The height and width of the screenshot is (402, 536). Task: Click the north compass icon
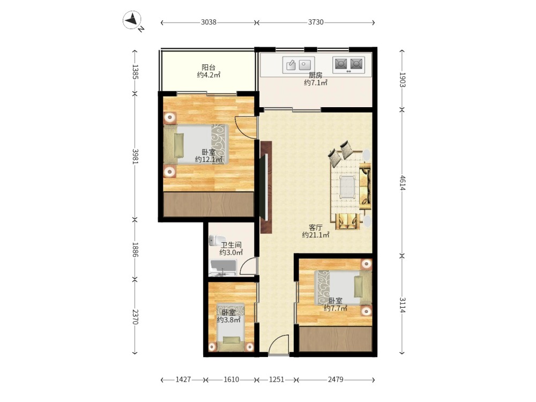click(132, 20)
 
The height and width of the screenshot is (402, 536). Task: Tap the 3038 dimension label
click(209, 22)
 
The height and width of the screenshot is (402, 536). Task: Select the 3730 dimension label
click(316, 22)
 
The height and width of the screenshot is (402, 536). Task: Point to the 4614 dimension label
click(402, 183)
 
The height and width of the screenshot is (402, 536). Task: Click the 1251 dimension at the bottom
click(277, 379)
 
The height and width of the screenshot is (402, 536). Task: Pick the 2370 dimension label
click(135, 317)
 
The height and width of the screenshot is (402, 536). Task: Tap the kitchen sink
click(299, 65)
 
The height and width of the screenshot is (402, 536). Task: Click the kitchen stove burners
click(348, 64)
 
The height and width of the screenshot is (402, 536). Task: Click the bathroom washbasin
click(223, 267)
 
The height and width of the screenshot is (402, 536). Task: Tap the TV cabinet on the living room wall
click(266, 187)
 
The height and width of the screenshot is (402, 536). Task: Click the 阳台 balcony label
click(209, 68)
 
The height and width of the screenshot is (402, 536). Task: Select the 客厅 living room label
click(316, 227)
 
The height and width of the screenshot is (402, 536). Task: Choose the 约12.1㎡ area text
click(209, 159)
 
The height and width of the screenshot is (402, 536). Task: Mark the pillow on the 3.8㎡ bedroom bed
click(232, 340)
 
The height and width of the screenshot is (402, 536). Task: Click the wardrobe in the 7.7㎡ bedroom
click(336, 338)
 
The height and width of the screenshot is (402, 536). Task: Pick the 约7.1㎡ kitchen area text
click(316, 83)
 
